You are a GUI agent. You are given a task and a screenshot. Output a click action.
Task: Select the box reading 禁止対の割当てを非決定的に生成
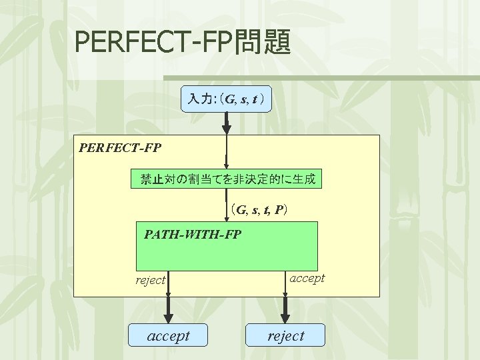pyautogui.click(x=227, y=179)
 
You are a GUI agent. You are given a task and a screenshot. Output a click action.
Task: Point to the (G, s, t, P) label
pyautogui.click(x=259, y=211)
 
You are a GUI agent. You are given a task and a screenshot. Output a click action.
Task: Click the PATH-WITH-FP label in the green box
pyautogui.click(x=193, y=235)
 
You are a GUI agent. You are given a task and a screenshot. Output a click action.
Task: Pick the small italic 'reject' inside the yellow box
pyautogui.click(x=150, y=280)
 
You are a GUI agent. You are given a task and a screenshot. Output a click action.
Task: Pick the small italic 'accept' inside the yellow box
pyautogui.click(x=307, y=278)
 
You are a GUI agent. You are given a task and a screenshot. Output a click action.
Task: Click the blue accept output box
pyautogui.click(x=168, y=336)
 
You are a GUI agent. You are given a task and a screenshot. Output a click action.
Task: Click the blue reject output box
pyautogui.click(x=285, y=336)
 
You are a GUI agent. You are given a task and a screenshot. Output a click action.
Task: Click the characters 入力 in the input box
pyautogui.click(x=198, y=100)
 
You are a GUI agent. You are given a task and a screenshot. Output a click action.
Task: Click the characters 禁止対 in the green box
pyautogui.click(x=157, y=179)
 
